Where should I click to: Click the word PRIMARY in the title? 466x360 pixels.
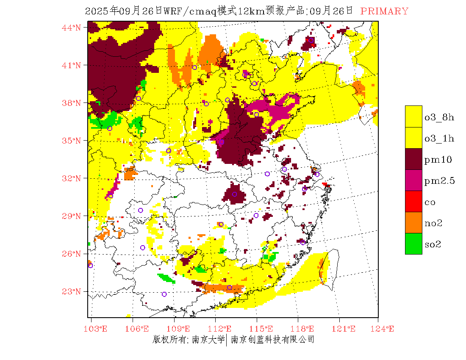[384, 11]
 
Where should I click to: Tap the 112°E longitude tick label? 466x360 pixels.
[222, 329]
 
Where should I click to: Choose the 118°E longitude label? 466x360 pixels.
[305, 329]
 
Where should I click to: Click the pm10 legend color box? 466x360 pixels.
[413, 159]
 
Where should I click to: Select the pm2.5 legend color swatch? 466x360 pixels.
[413, 180]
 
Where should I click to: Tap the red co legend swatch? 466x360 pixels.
[413, 202]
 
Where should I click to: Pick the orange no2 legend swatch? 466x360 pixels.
[413, 223]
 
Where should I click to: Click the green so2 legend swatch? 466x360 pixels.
[413, 244]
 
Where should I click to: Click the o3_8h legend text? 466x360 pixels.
[439, 117]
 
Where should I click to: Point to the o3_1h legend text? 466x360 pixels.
[439, 138]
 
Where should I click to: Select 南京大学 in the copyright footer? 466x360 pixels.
[208, 339]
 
